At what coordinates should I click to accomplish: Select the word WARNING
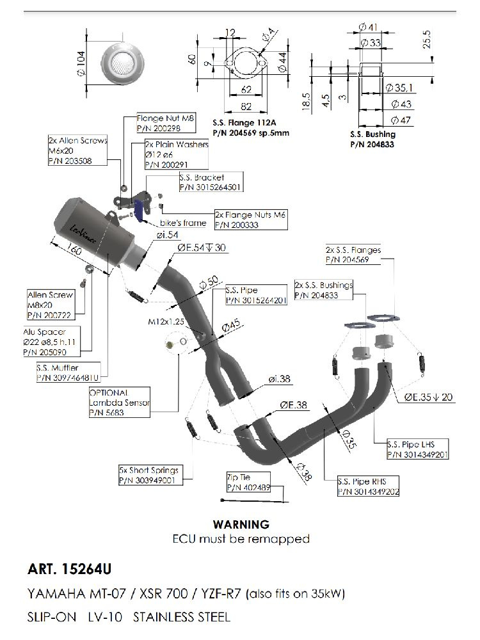click(x=241, y=525)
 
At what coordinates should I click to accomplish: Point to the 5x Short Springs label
click(x=148, y=474)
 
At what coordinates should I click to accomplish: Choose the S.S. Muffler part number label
click(x=71, y=372)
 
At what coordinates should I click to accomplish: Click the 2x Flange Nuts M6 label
click(x=250, y=220)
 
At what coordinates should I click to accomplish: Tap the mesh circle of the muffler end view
click(x=122, y=63)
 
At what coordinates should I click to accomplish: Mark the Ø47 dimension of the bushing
click(x=401, y=120)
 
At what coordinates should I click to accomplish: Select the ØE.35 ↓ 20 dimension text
click(x=428, y=397)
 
